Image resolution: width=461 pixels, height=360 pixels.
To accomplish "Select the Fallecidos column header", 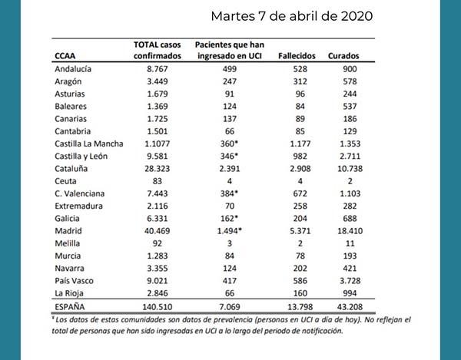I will (x=296, y=56).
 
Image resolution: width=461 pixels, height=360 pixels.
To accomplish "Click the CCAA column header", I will (x=65, y=56).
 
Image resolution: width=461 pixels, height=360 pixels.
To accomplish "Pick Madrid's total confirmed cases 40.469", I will (x=152, y=230).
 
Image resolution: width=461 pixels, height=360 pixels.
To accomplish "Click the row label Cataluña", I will (x=74, y=167).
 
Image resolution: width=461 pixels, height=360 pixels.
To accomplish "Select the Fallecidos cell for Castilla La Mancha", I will (x=296, y=143).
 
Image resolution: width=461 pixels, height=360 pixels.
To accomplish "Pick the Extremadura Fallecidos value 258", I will (x=296, y=205).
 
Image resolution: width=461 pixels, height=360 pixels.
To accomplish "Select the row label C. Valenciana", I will (x=79, y=193).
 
